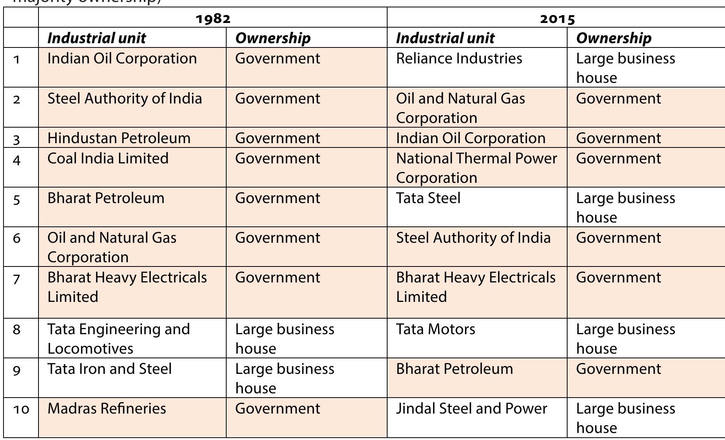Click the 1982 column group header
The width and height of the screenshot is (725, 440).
(x=213, y=18)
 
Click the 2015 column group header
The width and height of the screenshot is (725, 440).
(x=557, y=18)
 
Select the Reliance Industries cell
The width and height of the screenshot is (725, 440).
(x=459, y=59)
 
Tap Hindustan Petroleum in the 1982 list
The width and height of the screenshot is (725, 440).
(x=119, y=138)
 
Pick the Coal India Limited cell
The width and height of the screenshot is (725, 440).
(x=108, y=158)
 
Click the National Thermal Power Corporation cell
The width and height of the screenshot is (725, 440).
(x=476, y=168)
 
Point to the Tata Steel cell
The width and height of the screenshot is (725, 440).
(x=428, y=198)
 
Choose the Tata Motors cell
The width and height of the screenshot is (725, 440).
(x=436, y=329)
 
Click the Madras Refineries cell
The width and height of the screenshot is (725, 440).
(x=107, y=408)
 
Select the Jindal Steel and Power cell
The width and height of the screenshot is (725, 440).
(x=472, y=408)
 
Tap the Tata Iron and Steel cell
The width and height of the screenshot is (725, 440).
(x=110, y=369)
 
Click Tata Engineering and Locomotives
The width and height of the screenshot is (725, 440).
(x=119, y=338)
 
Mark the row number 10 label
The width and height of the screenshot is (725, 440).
(x=21, y=409)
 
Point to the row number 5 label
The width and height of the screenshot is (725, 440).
(x=16, y=199)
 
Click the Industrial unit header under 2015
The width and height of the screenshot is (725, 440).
(x=445, y=38)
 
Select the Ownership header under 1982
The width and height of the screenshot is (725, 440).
(x=273, y=38)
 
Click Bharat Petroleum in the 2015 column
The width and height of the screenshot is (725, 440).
(x=454, y=369)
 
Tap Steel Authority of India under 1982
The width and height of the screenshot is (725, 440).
(x=124, y=98)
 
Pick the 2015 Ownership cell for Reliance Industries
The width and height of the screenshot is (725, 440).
(x=625, y=68)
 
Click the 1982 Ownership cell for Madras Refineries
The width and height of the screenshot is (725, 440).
(x=278, y=408)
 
